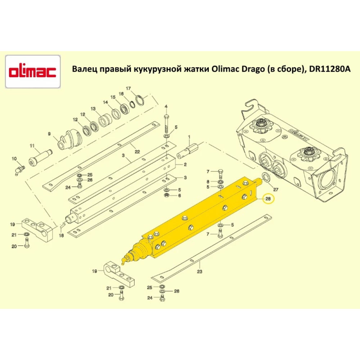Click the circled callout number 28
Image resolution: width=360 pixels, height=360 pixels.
point(268,199)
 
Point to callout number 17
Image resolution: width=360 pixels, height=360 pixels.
point(128,89)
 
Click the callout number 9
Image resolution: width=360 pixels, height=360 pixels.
point(50,134)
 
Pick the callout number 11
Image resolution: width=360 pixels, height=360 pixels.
point(32,146)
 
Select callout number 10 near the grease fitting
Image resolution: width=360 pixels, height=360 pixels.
point(14,159)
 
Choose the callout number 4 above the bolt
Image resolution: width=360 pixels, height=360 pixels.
point(166,107)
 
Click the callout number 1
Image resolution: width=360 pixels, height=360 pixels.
point(189,137)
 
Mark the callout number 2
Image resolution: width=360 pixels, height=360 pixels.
point(185,165)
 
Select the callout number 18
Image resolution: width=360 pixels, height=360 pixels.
point(61,235)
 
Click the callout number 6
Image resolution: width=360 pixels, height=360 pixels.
point(179,195)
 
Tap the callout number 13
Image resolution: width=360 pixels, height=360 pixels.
point(93,108)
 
